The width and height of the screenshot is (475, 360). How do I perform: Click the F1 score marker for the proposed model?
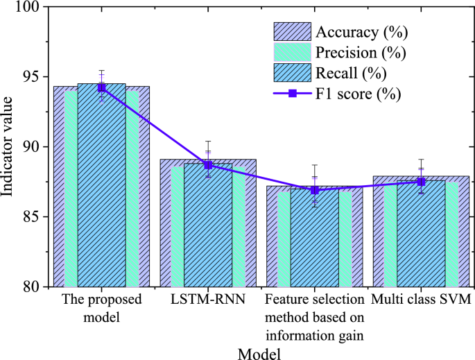tap(102, 87)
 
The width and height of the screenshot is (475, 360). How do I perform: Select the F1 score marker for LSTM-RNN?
tap(208, 165)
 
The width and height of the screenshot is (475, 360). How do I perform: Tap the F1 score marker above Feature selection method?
tap(315, 189)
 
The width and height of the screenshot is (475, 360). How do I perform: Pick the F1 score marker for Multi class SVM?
tap(421, 182)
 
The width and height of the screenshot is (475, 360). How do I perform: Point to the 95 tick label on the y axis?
tap(31, 77)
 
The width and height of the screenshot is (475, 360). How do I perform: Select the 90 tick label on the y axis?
tap(31, 147)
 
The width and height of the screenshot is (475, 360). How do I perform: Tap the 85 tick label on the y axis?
tap(31, 216)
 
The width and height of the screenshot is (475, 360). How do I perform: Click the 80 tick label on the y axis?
tap(31, 286)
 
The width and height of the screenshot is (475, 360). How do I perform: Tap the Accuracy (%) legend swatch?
tap(293, 32)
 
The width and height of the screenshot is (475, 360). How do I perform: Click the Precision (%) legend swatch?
tap(293, 52)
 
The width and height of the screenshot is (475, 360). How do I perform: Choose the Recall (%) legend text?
tap(352, 72)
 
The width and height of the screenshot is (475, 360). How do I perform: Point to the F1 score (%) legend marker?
tap(293, 93)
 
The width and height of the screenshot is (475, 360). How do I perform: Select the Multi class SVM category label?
tap(421, 300)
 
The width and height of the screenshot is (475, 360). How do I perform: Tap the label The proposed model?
tap(102, 307)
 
